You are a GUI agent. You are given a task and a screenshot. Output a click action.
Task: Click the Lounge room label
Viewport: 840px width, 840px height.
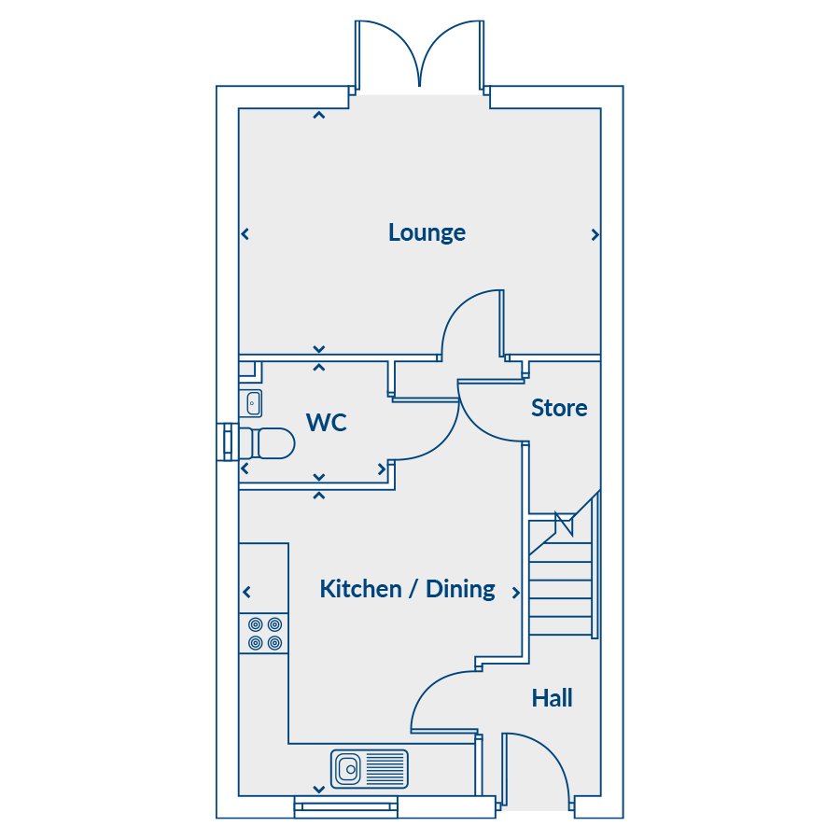pos(427,232)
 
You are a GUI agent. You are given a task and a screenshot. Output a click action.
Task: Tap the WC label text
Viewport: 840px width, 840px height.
pos(327,423)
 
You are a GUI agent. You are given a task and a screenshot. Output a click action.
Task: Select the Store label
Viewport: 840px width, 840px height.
pos(559,408)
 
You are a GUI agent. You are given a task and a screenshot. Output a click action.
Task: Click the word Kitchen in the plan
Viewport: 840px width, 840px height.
pos(360,589)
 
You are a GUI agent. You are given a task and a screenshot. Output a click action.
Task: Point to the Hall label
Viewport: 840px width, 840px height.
pos(552,698)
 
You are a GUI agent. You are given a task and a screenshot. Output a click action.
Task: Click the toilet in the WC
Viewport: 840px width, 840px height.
pos(270,443)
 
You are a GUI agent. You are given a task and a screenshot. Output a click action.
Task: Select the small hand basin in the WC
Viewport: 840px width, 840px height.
pos(252,403)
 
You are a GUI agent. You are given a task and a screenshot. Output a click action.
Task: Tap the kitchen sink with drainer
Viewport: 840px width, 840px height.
pos(370,769)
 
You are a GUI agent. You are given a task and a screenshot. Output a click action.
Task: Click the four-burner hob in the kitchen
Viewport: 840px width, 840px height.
pos(264,634)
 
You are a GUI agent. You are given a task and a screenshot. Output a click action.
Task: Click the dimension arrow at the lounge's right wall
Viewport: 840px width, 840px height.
pos(595,235)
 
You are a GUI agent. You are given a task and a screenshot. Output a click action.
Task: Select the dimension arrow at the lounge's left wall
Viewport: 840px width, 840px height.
pos(245,234)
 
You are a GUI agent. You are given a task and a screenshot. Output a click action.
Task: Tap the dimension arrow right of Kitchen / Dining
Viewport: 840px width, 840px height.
pos(515,593)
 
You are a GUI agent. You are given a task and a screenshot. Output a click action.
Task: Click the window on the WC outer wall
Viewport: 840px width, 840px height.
pos(226,442)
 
